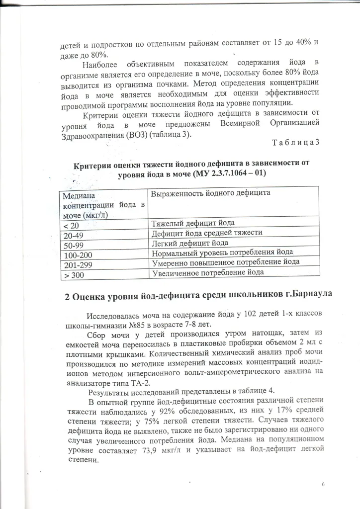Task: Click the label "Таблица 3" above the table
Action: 295,143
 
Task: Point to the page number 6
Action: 323,484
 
